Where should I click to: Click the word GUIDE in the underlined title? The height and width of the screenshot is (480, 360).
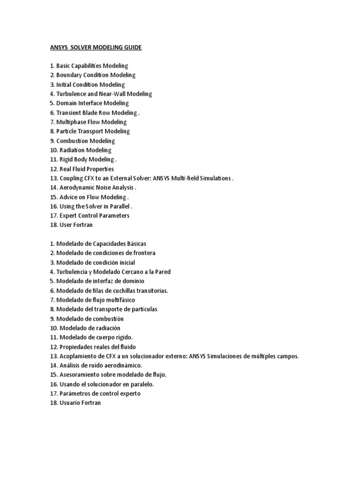pos(132,47)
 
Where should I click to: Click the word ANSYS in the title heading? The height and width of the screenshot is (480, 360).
pos(60,47)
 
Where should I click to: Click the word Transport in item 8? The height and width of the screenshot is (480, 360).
pos(91,132)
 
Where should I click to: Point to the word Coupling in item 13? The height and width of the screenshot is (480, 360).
pos(71,179)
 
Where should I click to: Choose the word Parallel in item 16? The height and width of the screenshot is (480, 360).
pos(118,207)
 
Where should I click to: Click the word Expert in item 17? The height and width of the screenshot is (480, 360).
pos(66,216)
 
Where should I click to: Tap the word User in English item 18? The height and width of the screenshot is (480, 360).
pos(64,225)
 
